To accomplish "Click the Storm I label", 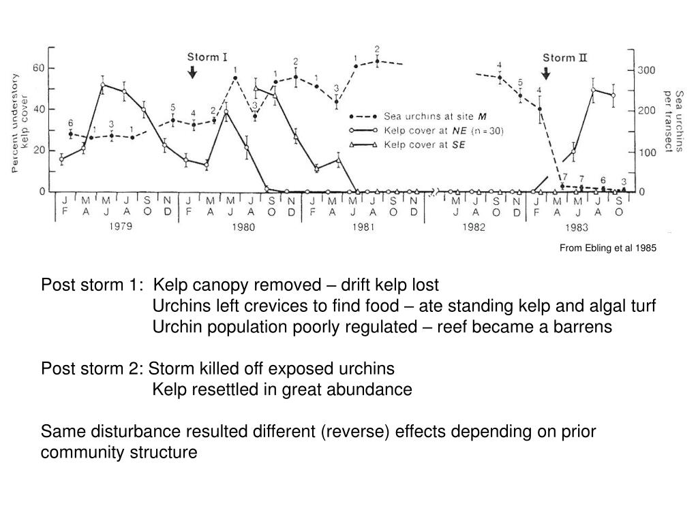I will point(208,57).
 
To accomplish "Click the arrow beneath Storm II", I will point(546,72).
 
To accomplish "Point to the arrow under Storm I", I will point(193,71).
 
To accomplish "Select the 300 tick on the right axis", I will point(646,70).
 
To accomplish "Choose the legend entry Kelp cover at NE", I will point(443,130).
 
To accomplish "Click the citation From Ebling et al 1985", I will point(607,249).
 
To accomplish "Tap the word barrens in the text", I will point(582,327).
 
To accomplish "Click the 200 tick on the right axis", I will point(646,111).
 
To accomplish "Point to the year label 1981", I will point(363,227).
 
